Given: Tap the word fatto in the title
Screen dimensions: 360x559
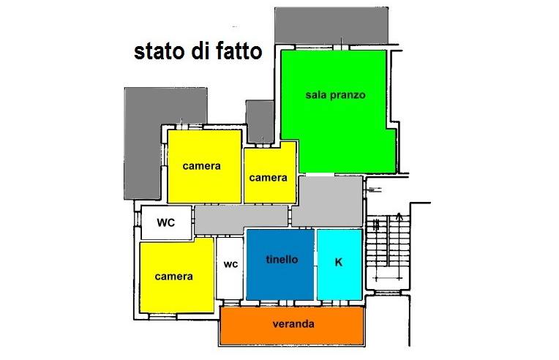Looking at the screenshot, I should point(236,53).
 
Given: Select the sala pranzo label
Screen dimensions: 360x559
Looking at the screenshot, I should point(335,95).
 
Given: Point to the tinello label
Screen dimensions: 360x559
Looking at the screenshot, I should point(282,259).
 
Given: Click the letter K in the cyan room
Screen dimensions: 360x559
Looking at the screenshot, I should point(338,261).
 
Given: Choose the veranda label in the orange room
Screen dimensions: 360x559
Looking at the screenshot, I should point(293,324).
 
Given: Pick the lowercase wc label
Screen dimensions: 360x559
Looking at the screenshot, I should point(230,264).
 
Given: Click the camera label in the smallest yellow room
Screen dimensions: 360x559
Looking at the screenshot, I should point(268,178).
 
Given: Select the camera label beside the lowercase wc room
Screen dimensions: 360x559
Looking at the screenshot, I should point(174,277).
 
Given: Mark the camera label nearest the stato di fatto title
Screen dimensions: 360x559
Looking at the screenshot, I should point(202,166).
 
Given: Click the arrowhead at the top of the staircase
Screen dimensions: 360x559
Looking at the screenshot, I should point(399,216).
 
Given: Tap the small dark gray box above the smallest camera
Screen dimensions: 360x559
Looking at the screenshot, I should point(259,121).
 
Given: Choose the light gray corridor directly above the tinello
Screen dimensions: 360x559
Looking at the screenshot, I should point(241,217).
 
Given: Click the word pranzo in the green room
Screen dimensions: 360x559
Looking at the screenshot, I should point(347,95).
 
